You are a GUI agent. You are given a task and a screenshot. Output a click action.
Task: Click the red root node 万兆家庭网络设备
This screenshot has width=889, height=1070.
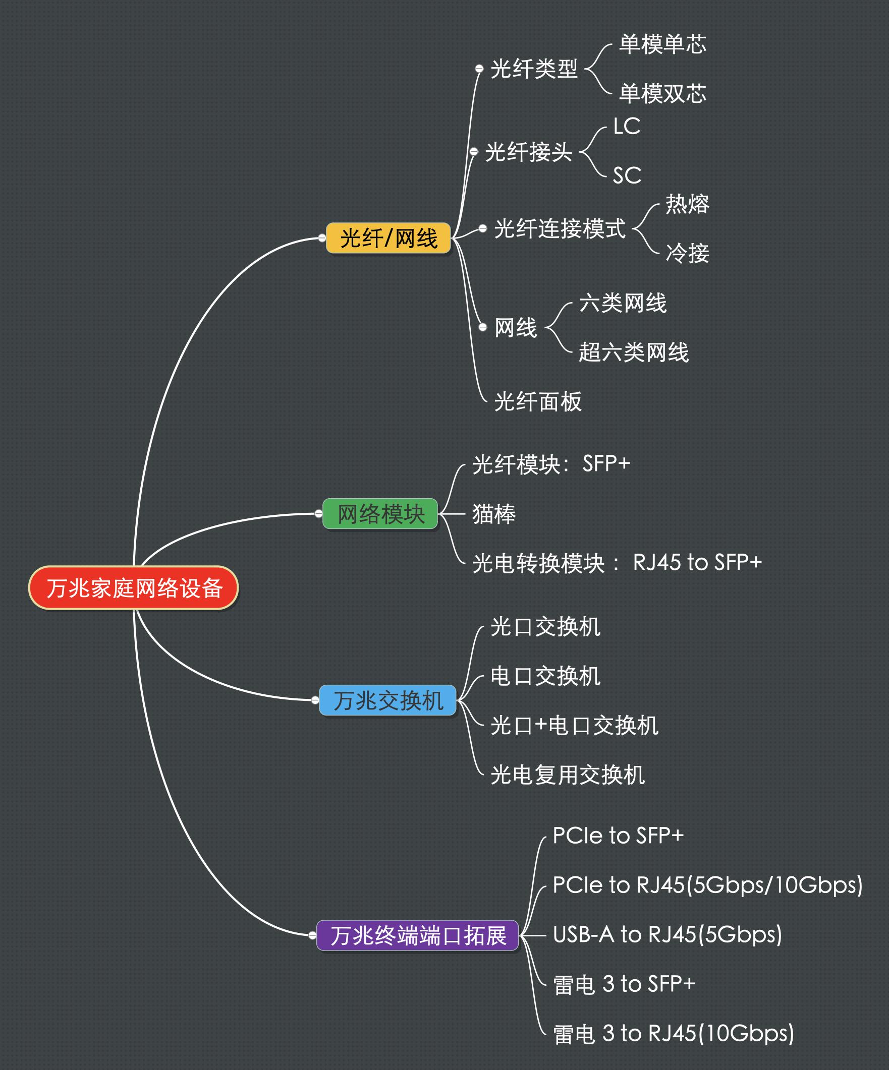134,587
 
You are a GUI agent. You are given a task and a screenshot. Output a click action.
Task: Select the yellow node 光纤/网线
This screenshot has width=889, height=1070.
388,238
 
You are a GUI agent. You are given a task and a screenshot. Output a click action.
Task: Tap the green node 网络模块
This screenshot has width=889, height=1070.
380,514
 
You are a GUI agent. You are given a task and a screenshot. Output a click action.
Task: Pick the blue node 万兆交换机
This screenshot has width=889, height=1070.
388,700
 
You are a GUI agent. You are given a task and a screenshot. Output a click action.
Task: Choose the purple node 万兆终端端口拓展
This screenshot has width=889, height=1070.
417,935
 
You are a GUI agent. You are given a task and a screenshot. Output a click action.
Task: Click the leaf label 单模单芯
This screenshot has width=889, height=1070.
662,44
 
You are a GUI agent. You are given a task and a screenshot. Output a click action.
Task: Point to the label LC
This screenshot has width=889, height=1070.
627,127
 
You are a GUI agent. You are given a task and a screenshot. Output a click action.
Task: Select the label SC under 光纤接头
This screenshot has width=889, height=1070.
627,176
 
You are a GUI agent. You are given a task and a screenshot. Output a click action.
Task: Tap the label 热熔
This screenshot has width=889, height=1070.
687,204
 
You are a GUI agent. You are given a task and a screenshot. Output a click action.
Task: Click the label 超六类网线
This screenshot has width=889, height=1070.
634,352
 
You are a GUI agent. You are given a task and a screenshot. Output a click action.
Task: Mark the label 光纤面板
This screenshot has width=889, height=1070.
538,401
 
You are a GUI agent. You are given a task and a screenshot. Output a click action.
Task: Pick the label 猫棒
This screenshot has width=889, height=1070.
493,514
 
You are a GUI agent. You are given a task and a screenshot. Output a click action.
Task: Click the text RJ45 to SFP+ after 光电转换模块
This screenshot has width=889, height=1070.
697,563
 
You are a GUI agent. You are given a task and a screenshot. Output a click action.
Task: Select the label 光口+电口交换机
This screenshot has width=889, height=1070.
574,725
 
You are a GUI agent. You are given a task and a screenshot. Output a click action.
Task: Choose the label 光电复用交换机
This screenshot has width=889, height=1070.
567,775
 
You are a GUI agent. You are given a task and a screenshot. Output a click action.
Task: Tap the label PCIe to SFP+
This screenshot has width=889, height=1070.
618,836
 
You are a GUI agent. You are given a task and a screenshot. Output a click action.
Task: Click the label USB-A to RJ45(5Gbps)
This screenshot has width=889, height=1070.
668,934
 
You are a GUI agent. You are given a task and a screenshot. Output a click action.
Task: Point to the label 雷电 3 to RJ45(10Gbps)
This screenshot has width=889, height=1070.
674,1033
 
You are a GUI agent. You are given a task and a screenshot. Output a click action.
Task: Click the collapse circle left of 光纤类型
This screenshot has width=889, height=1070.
479,68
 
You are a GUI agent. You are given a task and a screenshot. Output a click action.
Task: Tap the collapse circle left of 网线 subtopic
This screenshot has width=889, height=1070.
483,327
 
